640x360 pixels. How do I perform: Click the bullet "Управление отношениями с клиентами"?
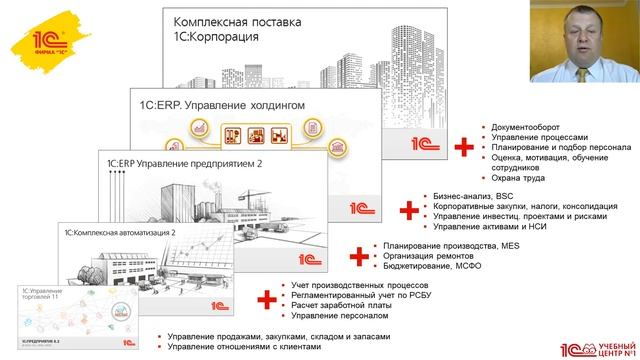(246, 347)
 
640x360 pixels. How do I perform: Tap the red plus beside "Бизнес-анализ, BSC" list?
(408, 212)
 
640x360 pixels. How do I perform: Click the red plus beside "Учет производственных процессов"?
(265, 298)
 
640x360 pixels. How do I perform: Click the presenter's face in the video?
(586, 29)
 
